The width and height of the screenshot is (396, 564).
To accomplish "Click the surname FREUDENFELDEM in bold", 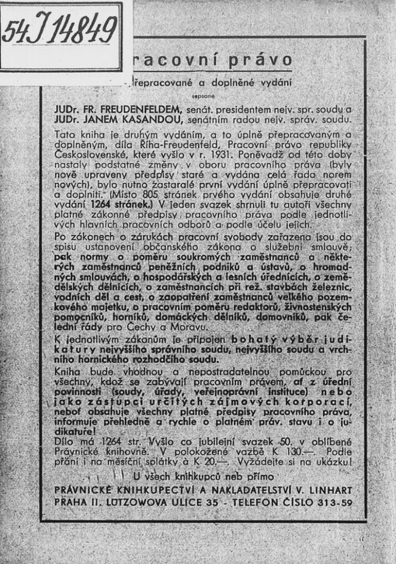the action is pos(132,110).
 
